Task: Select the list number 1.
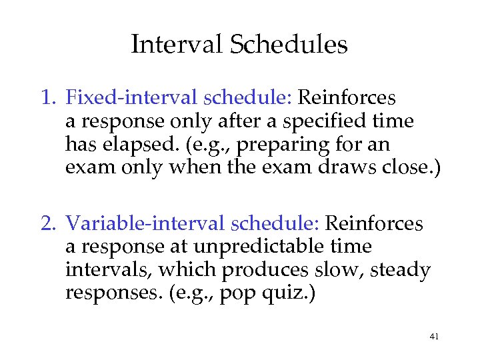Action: coord(45,99)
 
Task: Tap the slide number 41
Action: coord(434,337)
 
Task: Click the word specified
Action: coord(332,122)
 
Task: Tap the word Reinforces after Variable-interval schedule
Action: coord(373,223)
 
